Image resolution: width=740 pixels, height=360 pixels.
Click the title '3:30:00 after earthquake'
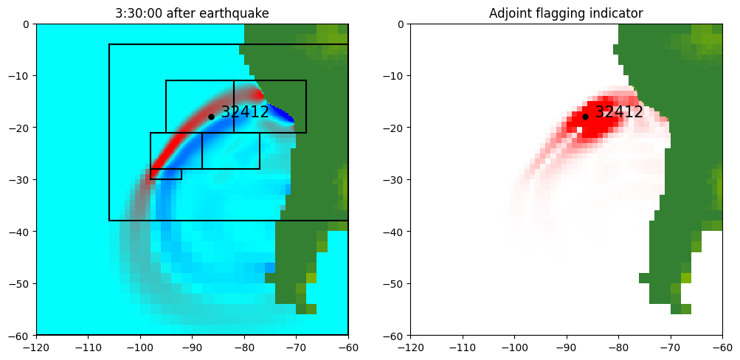(x=192, y=14)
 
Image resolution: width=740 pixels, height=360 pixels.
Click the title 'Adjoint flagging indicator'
(x=566, y=14)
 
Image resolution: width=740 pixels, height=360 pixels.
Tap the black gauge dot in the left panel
(x=211, y=117)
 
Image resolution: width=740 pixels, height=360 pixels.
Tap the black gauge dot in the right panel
(x=585, y=117)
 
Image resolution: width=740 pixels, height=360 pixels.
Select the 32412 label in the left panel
(x=245, y=112)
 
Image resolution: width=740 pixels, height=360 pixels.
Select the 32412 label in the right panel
(x=619, y=112)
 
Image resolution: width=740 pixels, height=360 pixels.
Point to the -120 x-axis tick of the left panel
(x=36, y=346)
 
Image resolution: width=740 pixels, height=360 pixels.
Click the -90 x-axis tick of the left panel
(x=192, y=346)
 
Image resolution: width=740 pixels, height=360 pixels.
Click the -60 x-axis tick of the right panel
(x=722, y=346)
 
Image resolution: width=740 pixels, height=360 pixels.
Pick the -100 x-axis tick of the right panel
(x=514, y=346)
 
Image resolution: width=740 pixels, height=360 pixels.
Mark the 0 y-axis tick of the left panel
(x=27, y=24)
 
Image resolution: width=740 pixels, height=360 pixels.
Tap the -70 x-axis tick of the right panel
(x=670, y=346)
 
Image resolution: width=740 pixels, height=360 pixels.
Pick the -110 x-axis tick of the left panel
(x=88, y=346)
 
